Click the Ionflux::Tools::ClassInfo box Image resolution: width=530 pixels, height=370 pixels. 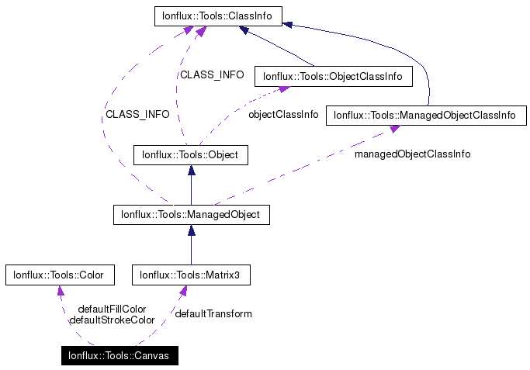(218, 15)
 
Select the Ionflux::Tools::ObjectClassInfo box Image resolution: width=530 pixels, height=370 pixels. (333, 76)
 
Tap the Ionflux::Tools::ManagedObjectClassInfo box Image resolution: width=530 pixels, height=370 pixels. (424, 116)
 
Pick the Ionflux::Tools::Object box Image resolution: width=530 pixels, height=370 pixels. (191, 155)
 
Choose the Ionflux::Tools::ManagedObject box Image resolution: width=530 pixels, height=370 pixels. (191, 214)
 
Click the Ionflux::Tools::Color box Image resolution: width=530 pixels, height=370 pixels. (60, 274)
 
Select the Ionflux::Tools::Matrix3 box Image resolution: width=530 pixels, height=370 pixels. (191, 274)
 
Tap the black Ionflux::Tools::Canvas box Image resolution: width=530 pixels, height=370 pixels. (120, 357)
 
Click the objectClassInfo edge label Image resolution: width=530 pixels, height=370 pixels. (282, 114)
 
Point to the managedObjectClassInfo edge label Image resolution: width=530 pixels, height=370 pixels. (412, 154)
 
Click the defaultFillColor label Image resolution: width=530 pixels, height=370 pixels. (112, 309)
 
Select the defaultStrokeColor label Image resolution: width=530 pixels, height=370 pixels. (112, 320)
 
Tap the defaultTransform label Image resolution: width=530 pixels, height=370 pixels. (213, 313)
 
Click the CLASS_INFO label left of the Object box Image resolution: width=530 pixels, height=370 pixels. (137, 114)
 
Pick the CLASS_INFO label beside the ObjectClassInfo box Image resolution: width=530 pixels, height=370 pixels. (212, 75)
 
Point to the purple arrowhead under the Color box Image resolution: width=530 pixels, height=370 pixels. (61, 290)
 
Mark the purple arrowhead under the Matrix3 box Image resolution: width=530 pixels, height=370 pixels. (184, 291)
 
